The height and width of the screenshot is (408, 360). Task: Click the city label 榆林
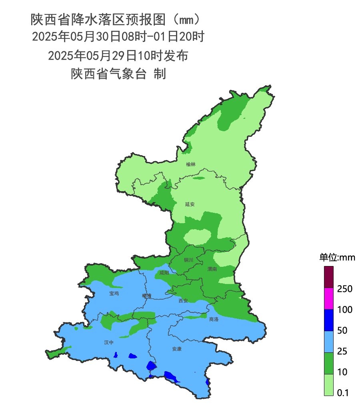point(191,164)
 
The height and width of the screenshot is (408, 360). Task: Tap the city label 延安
point(190,204)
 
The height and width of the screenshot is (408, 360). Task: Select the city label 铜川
point(188,260)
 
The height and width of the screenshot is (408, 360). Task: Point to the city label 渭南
point(212,270)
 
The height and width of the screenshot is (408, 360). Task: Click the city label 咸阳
point(164,273)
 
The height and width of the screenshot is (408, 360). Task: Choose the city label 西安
point(183,300)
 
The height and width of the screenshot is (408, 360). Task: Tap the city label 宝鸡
point(114,293)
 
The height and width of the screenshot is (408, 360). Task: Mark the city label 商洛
point(214,319)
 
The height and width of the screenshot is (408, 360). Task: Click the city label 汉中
point(109,342)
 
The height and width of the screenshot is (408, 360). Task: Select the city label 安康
point(177,349)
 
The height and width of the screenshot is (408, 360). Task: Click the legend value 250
point(344,289)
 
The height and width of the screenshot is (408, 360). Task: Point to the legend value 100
point(344,310)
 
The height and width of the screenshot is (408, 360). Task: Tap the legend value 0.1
point(343,393)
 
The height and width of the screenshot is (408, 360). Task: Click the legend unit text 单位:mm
point(337,257)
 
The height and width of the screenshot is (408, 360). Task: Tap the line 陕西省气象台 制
point(118,74)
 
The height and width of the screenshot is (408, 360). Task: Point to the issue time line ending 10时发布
point(118,56)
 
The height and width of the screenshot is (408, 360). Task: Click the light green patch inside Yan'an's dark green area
point(197,236)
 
